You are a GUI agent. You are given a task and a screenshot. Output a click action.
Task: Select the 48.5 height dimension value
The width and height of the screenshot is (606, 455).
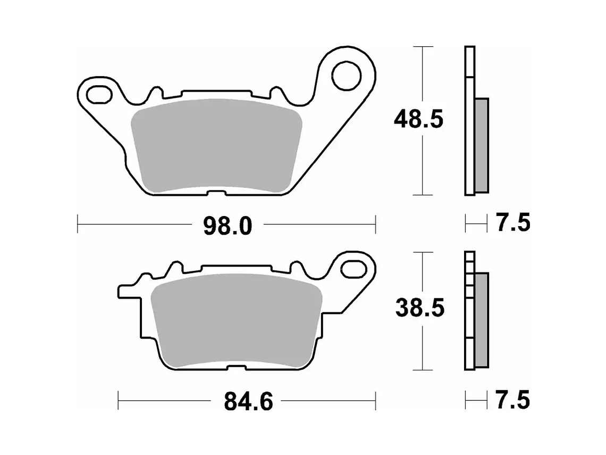[418, 120]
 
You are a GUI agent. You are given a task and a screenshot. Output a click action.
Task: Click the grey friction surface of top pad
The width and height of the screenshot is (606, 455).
[215, 146]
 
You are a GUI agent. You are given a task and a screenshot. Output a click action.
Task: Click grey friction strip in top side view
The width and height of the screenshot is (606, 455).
[481, 145]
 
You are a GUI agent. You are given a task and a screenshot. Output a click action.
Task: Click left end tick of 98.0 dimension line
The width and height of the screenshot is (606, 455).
[78, 224]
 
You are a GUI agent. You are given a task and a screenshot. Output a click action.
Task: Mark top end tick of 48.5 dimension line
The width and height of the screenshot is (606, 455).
[422, 47]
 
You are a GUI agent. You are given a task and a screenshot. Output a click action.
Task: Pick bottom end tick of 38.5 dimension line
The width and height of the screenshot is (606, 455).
[422, 370]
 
